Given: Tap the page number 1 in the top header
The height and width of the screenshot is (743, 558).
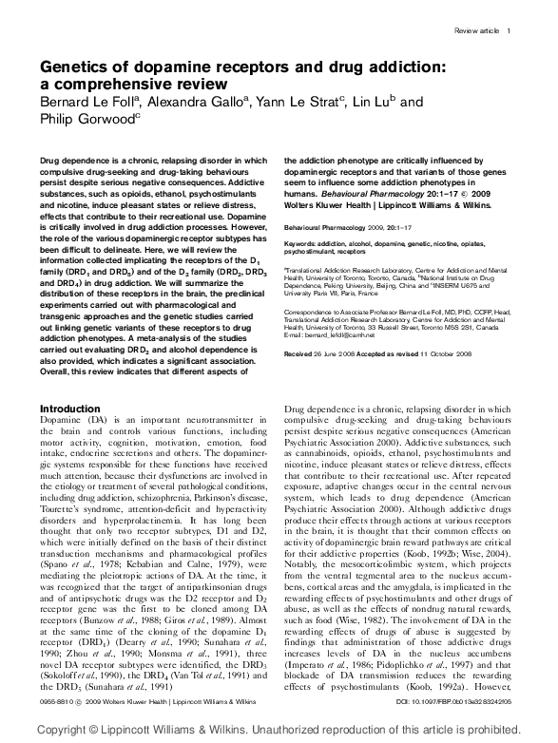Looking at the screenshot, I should click(510, 31).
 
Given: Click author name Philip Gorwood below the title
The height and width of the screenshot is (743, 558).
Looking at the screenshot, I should click(87, 119).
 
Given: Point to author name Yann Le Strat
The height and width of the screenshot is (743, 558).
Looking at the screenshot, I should click(297, 103).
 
